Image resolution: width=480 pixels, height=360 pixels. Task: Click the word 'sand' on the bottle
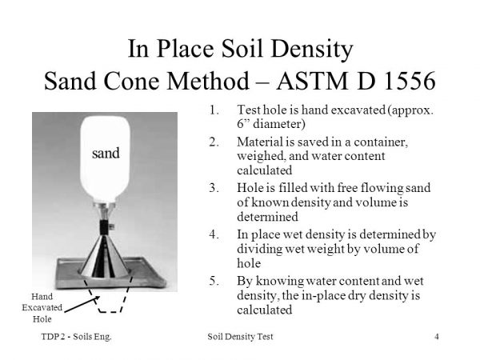pyautogui.click(x=106, y=153)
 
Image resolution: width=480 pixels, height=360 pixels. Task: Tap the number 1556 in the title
pyautogui.click(x=410, y=81)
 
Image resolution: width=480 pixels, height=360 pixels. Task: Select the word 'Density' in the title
pyautogui.click(x=312, y=49)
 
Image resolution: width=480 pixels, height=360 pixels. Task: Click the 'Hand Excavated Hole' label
pyautogui.click(x=42, y=308)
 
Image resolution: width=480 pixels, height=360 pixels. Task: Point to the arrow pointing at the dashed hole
pyautogui.click(x=82, y=304)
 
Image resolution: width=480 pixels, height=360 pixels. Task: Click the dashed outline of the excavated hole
pyautogui.click(x=108, y=312)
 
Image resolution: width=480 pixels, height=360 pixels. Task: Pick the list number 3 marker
pyautogui.click(x=214, y=187)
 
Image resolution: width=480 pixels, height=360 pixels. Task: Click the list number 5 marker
pyautogui.click(x=214, y=281)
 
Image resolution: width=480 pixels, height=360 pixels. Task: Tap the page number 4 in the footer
pyautogui.click(x=437, y=337)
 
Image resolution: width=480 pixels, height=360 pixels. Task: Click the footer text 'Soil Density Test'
pyautogui.click(x=240, y=337)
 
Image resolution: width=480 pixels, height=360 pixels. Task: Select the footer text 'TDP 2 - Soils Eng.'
pyautogui.click(x=76, y=337)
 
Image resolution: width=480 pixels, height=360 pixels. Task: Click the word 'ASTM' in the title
pyautogui.click(x=312, y=81)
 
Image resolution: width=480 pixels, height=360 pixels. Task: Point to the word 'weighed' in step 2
pyautogui.click(x=261, y=156)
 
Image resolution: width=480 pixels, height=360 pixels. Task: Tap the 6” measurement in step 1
pyautogui.click(x=242, y=124)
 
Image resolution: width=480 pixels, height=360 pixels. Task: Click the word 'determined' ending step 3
pyautogui.click(x=267, y=217)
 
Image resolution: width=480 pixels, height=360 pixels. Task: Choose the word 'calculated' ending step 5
pyautogui.click(x=265, y=310)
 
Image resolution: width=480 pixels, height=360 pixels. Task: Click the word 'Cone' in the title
pyautogui.click(x=132, y=81)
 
